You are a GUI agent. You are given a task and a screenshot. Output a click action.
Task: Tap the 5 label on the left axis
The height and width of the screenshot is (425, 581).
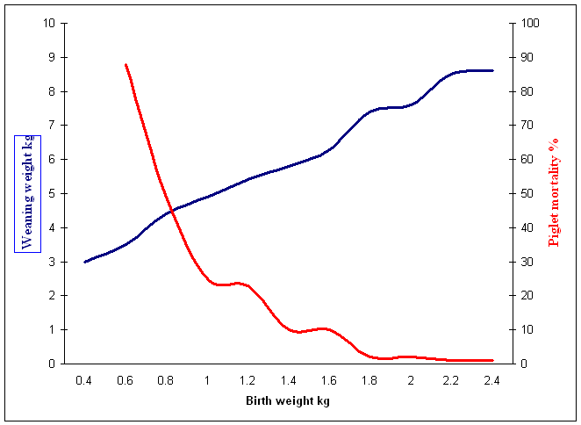[52, 193]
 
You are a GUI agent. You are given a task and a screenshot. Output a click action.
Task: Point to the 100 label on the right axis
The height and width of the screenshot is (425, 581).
[530, 23]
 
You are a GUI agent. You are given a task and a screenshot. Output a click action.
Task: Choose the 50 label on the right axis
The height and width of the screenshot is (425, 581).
[527, 193]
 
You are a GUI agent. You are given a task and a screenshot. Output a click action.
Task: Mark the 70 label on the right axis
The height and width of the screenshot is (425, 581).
[527, 126]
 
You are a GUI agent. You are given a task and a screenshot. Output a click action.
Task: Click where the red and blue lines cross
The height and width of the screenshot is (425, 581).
[172, 212]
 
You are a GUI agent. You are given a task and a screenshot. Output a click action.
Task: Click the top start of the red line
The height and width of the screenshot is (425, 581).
[126, 64]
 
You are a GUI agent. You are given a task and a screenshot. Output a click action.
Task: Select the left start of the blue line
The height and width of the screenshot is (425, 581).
[85, 262]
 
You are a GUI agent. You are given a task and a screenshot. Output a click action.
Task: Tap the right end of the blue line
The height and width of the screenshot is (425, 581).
[492, 70]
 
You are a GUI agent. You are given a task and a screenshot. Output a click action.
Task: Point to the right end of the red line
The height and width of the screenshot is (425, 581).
[492, 360]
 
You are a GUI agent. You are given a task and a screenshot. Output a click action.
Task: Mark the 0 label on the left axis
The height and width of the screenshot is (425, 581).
[52, 364]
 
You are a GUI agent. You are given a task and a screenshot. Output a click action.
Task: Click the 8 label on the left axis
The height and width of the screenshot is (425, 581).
[52, 91]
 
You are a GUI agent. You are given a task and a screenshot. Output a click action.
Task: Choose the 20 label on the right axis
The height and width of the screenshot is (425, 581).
[527, 296]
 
